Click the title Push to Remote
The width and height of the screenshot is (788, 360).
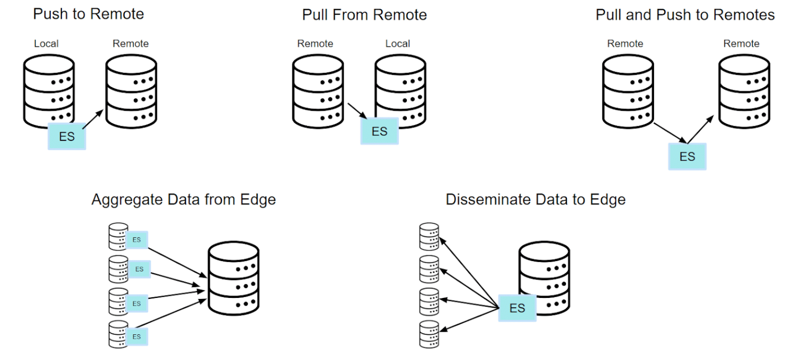point(88,14)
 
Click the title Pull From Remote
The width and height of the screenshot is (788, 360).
point(364,15)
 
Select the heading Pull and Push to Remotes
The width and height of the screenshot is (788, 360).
point(685,15)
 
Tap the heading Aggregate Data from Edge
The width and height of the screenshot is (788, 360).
point(184,199)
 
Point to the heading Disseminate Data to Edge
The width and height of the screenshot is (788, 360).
point(536,199)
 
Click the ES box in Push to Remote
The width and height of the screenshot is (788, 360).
point(67,136)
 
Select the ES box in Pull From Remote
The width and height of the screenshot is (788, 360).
point(379,131)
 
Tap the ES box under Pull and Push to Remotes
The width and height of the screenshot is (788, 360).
point(687,156)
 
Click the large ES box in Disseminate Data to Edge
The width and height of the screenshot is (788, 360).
point(517,308)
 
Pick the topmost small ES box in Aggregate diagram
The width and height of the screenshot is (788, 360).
point(136,239)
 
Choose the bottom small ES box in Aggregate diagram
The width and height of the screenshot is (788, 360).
point(136,336)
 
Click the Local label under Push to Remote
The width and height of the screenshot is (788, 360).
point(46,44)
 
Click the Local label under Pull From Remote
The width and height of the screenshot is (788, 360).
point(398,44)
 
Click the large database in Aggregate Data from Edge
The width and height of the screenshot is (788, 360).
point(233,279)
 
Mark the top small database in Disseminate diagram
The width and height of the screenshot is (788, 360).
point(429,236)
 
